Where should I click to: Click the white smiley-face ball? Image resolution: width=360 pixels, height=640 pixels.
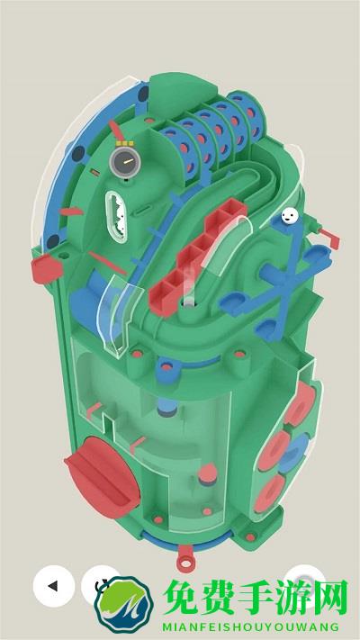coord(290,215)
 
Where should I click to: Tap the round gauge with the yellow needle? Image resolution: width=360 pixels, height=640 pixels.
coord(125,162)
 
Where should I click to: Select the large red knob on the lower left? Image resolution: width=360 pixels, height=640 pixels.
coord(102,477)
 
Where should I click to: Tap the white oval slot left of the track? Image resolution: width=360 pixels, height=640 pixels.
coord(116,216)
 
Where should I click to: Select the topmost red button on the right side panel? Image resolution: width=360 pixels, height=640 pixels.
coord(300,403)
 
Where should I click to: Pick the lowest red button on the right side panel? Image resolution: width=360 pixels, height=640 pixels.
coord(269,493)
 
